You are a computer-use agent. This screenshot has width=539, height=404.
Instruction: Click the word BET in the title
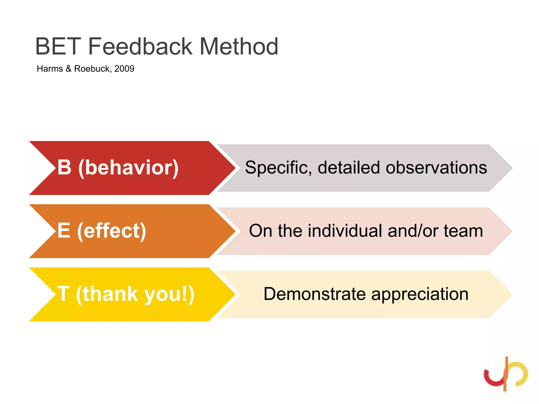click(58, 47)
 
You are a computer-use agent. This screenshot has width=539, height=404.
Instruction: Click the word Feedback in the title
click(140, 47)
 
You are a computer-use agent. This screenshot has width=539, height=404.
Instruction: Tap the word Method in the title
click(239, 47)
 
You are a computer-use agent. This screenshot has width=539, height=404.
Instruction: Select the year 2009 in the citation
click(124, 69)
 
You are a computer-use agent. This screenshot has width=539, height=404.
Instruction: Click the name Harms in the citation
click(50, 69)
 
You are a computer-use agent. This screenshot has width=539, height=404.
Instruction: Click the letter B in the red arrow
click(64, 167)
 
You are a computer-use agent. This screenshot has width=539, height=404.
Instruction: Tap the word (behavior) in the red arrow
click(128, 168)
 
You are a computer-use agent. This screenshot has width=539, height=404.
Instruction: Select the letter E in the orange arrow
click(64, 231)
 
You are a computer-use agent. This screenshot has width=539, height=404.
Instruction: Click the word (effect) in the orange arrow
click(112, 231)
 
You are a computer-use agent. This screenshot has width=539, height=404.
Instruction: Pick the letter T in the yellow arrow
click(63, 294)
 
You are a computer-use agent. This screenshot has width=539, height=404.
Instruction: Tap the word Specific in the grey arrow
click(278, 168)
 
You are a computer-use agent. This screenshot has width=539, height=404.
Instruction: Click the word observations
click(436, 168)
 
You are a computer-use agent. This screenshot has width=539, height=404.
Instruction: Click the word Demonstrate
click(315, 294)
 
